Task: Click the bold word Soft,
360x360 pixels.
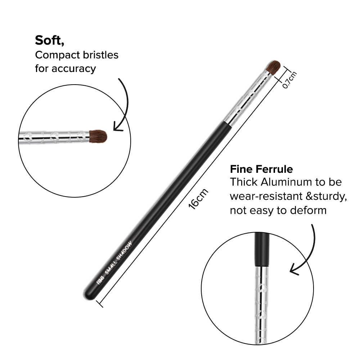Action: [50, 41]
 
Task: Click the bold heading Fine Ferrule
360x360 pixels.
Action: [261, 169]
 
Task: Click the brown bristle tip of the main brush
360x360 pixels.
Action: [273, 67]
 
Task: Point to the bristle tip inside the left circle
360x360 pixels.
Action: [98, 136]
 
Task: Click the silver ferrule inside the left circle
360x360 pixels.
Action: [54, 136]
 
